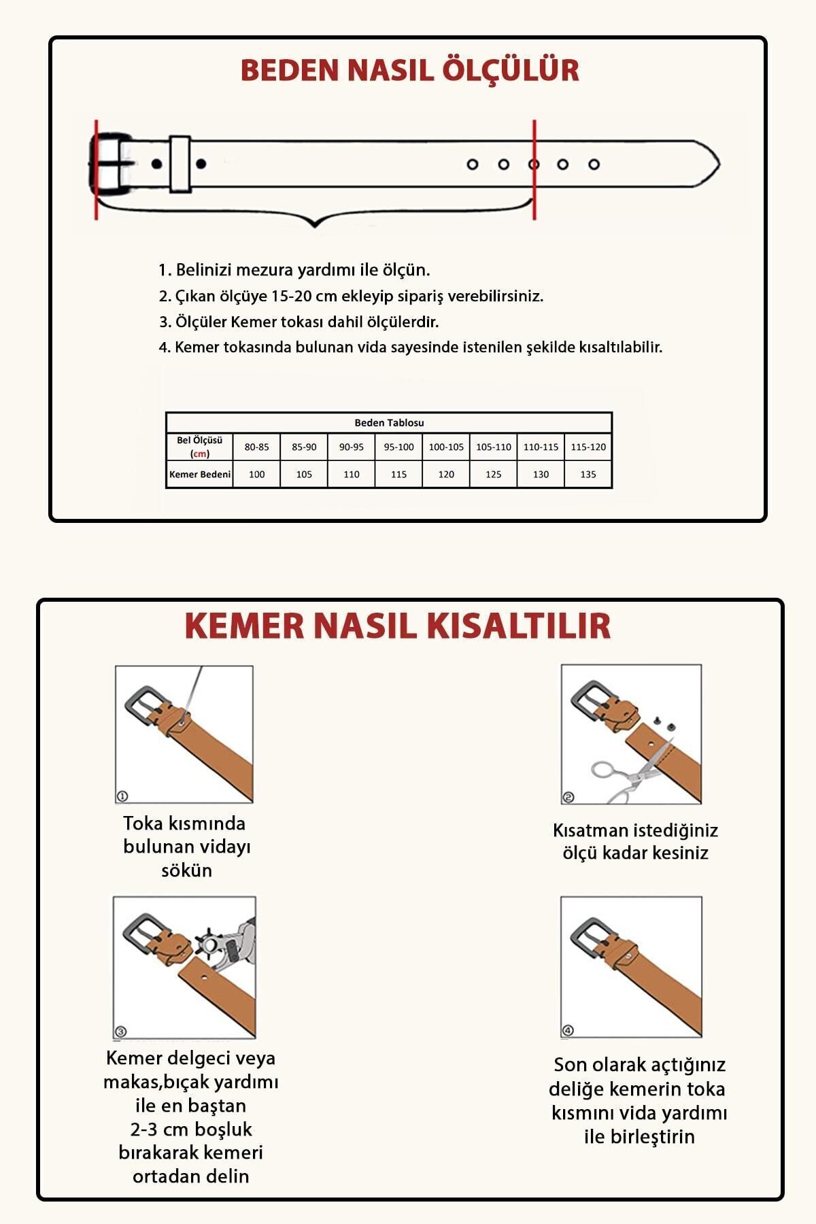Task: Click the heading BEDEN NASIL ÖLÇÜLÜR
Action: click(409, 71)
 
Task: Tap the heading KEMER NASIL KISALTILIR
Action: click(398, 626)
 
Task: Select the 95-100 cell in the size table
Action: click(398, 447)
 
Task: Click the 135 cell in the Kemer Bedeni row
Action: click(588, 475)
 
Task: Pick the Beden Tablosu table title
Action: click(389, 423)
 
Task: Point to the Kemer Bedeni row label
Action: click(200, 475)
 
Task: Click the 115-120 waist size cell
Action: click(588, 447)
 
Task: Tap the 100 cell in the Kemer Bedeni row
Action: click(256, 475)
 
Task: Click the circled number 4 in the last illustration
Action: click(568, 1030)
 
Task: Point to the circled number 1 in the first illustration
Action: click(122, 796)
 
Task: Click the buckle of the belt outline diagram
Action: click(109, 163)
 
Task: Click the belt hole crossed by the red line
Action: click(534, 164)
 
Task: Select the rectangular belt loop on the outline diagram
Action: click(180, 163)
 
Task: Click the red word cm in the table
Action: click(200, 454)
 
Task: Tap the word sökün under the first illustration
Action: click(186, 870)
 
